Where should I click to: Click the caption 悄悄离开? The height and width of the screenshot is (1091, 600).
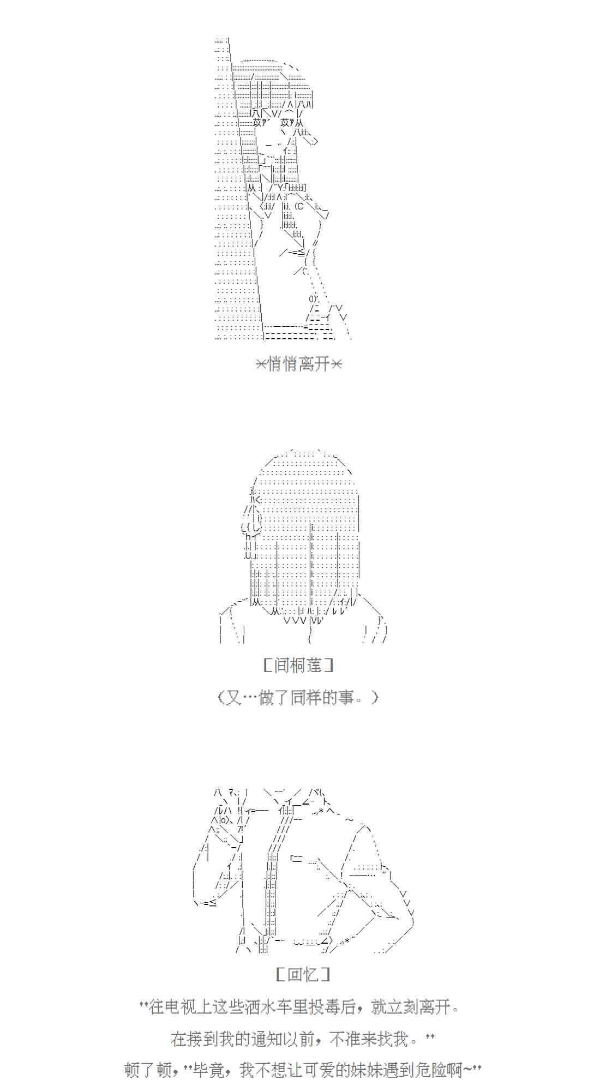point(299,364)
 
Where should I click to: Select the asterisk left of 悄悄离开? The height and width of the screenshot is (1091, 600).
point(261,364)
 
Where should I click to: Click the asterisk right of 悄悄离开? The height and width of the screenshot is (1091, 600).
point(336,364)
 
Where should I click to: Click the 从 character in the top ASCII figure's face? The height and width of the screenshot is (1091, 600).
point(299,124)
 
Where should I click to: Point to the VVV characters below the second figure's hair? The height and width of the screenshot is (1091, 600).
point(295,620)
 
